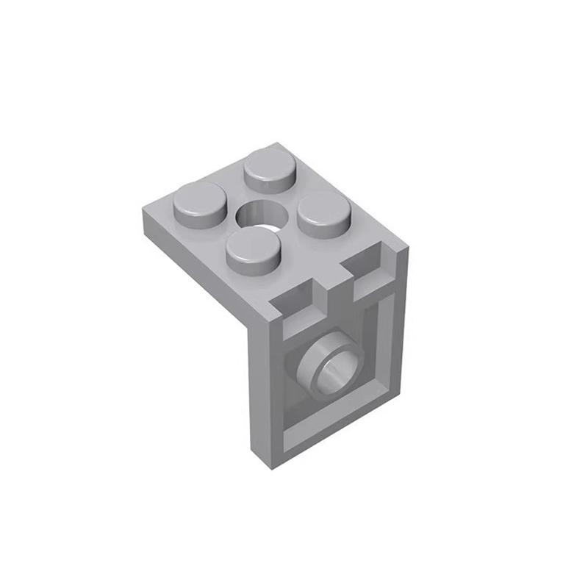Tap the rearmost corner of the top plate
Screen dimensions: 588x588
(277, 144)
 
